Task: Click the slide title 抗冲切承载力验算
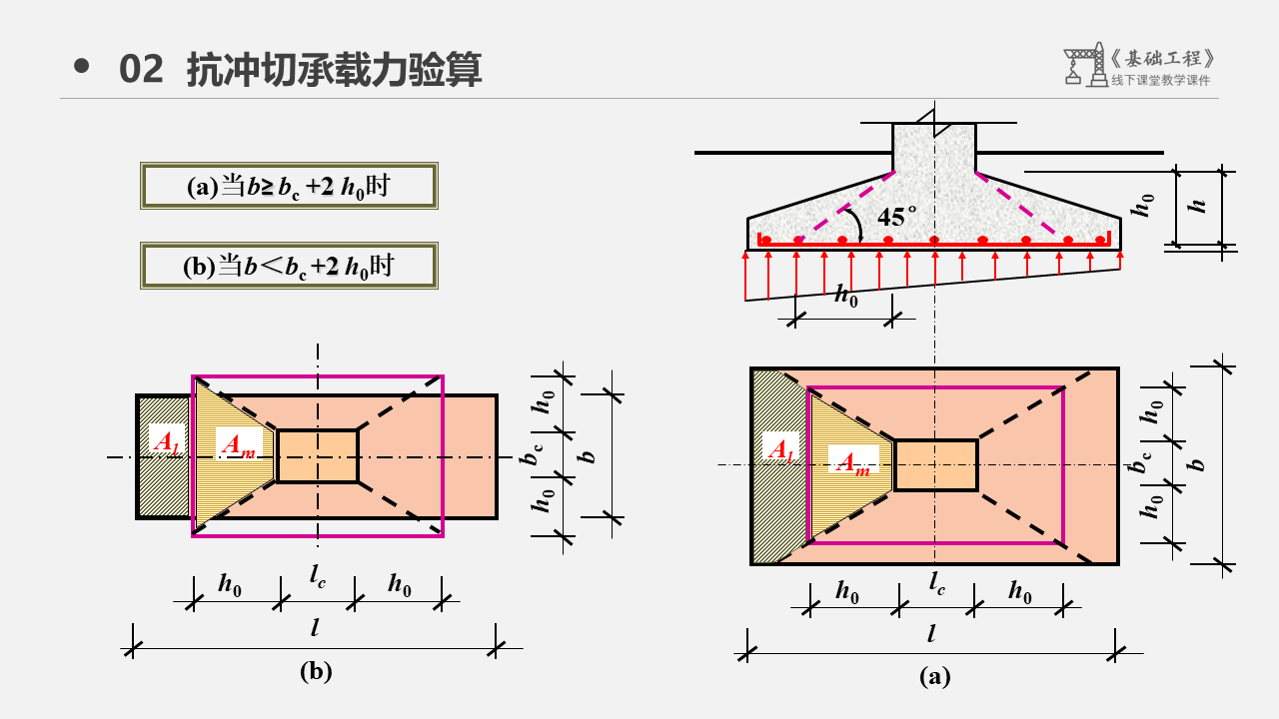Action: (x=335, y=70)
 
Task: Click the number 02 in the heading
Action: (x=141, y=70)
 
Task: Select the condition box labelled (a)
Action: (x=289, y=186)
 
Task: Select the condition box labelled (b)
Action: (x=289, y=266)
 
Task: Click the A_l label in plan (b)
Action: (x=164, y=439)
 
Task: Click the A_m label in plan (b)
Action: (x=237, y=445)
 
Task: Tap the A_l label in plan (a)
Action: (x=778, y=448)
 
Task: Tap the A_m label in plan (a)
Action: (x=851, y=462)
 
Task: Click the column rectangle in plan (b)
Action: (x=317, y=456)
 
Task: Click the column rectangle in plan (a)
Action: (x=935, y=465)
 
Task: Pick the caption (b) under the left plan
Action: (x=316, y=671)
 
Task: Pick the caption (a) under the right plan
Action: (x=934, y=677)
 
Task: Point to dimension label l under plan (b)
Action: (x=316, y=628)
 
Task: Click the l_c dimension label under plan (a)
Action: (x=935, y=581)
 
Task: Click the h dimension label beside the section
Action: (x=1200, y=205)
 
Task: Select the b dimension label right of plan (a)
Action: (x=1198, y=463)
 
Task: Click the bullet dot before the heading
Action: (x=82, y=67)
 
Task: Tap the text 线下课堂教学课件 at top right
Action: (x=1160, y=81)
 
